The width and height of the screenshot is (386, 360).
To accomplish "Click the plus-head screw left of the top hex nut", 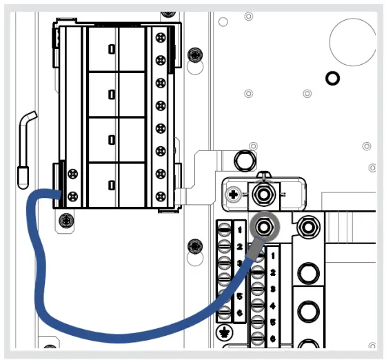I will coord(235,195).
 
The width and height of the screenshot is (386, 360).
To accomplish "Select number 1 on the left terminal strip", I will coord(239,229).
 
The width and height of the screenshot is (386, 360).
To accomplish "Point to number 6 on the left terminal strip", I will coord(239,314).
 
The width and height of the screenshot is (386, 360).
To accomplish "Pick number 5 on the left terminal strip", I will coord(239,297).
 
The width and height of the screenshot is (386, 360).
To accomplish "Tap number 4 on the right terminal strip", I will coord(273,304).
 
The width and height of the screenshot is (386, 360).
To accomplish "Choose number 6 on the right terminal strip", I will coord(273,338).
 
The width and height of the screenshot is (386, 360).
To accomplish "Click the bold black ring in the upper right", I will coord(332,78).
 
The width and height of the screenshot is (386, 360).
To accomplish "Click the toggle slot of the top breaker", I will coord(111,49).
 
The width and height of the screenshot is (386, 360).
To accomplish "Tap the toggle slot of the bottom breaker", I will coord(111,184).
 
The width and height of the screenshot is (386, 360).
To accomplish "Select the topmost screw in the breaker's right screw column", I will coord(161,37).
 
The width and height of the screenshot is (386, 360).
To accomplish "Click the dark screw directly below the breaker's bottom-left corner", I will coord(65,221).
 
